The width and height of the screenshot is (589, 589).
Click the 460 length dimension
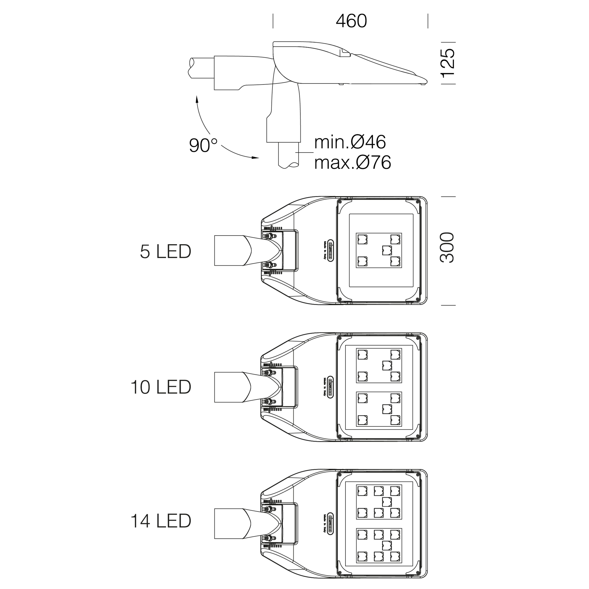pyautogui.click(x=351, y=21)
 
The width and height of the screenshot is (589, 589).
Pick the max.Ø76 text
pyautogui.click(x=352, y=163)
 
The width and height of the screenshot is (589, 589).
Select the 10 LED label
pyautogui.click(x=161, y=387)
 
